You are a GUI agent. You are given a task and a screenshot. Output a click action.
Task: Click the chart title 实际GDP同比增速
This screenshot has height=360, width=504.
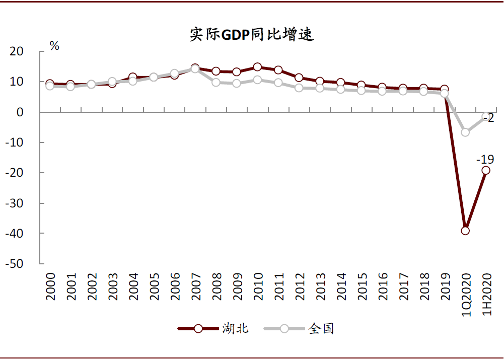click(252, 34)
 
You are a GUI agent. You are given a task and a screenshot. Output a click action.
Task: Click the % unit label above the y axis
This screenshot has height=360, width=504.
click(54, 46)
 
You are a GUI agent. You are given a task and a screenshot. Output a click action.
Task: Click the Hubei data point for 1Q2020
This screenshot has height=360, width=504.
click(465, 231)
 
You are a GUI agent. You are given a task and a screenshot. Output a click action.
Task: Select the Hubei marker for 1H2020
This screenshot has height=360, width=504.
click(486, 170)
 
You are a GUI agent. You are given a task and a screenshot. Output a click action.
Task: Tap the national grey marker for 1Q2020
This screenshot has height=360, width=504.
click(465, 132)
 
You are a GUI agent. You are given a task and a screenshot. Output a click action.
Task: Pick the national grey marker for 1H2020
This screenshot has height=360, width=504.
click(486, 117)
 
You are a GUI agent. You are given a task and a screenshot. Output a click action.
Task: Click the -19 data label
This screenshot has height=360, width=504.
click(485, 160)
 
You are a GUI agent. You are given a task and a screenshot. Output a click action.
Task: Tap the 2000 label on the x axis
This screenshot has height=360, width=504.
click(50, 287)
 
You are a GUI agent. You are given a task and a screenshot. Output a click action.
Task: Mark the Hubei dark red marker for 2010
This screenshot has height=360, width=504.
click(257, 67)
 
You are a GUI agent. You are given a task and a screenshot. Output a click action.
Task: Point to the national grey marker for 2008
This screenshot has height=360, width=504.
click(216, 82)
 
